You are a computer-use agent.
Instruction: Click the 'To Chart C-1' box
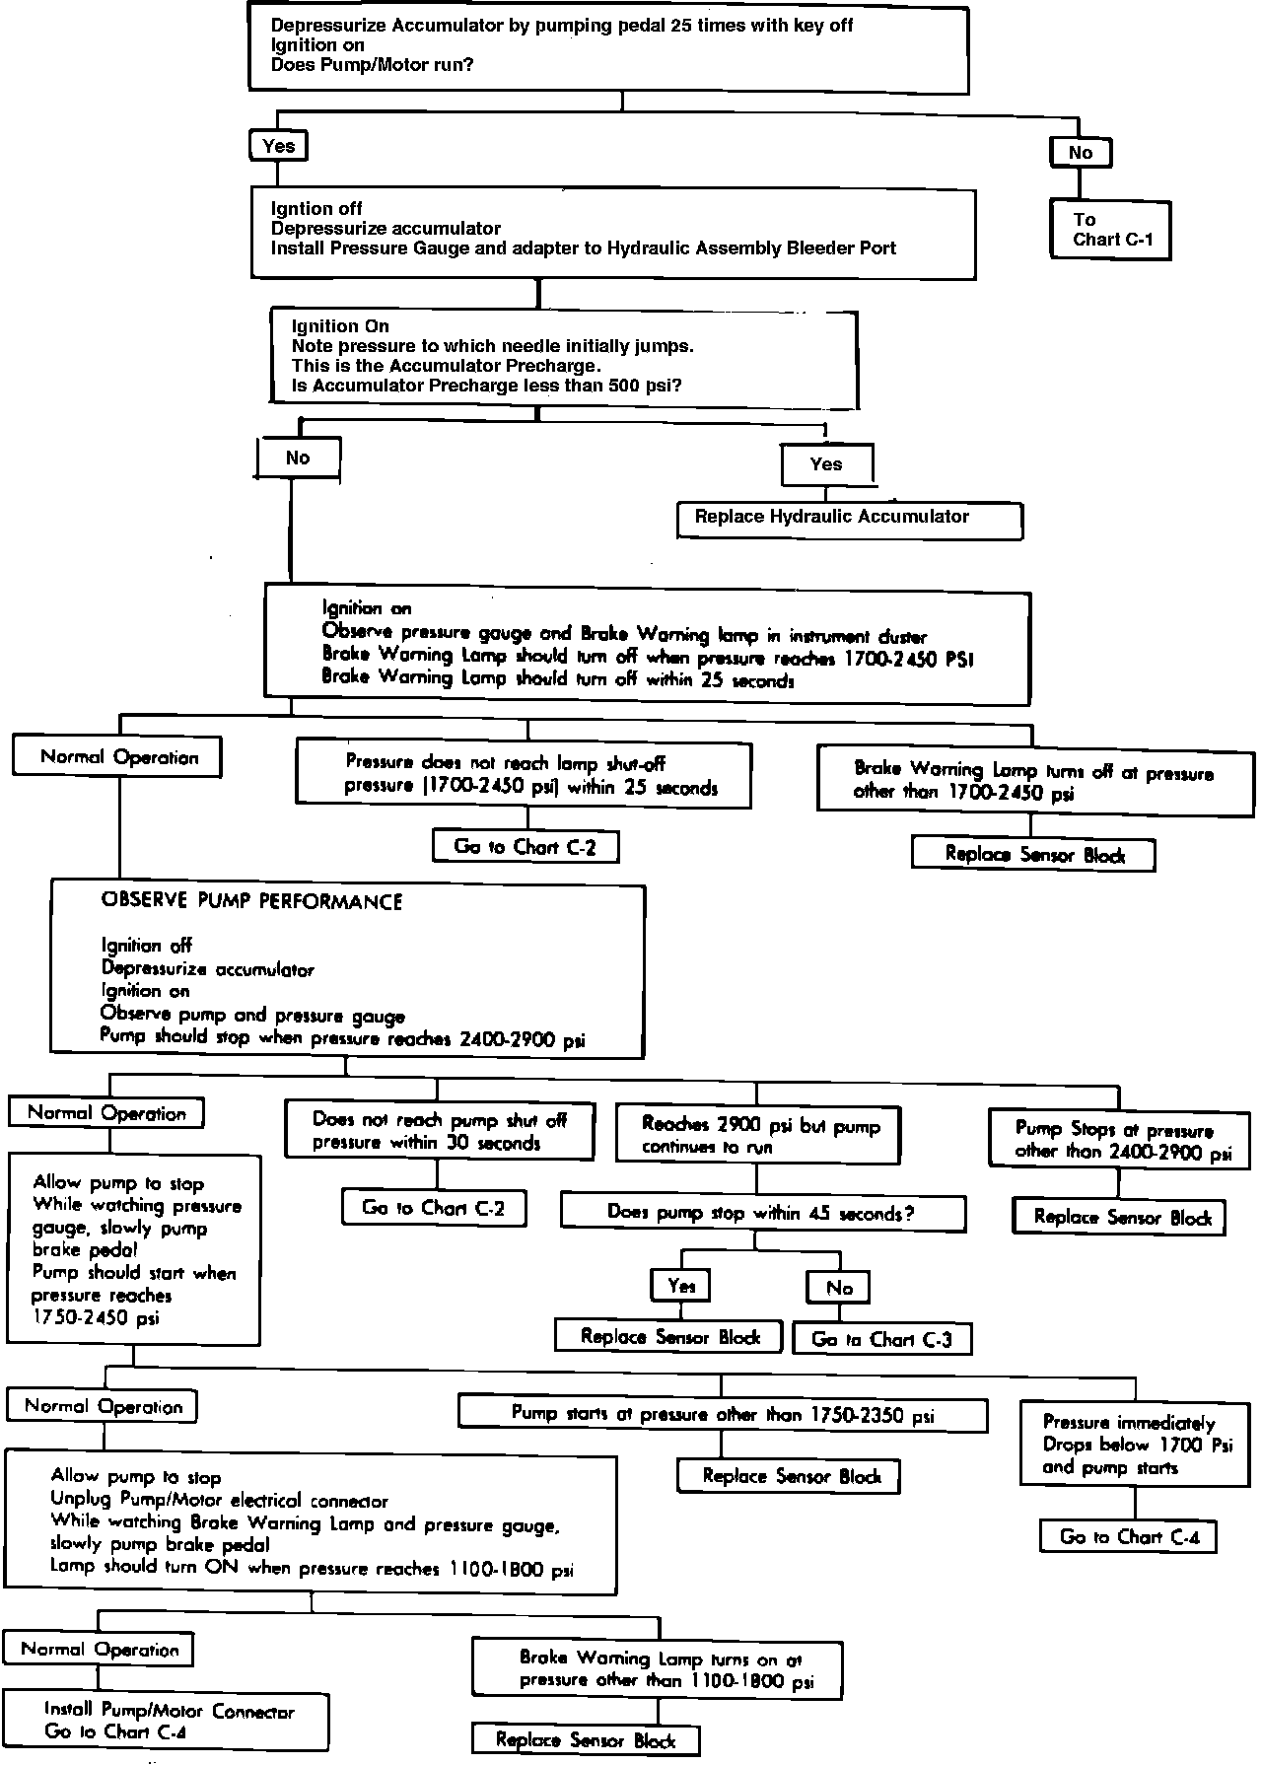point(1110,230)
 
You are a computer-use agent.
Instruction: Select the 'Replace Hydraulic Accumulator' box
point(849,519)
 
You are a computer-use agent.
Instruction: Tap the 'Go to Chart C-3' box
point(881,1338)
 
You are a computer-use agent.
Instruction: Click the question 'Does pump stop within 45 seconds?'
point(762,1212)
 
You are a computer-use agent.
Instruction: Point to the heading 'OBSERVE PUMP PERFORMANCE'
point(251,901)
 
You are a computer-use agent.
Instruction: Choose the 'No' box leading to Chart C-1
point(1080,153)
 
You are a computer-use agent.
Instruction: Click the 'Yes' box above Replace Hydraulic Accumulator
point(826,464)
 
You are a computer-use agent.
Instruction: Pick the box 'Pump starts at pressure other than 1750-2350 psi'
point(722,1413)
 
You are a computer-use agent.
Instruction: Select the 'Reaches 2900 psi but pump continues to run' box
point(757,1135)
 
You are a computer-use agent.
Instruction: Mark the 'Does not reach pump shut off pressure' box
point(439,1131)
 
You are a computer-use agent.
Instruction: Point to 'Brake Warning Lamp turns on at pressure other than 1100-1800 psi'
point(657,1669)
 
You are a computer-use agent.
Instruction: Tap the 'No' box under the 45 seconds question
point(839,1288)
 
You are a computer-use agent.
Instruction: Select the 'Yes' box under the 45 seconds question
point(681,1285)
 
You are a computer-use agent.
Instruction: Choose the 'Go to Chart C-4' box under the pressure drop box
point(1128,1536)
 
